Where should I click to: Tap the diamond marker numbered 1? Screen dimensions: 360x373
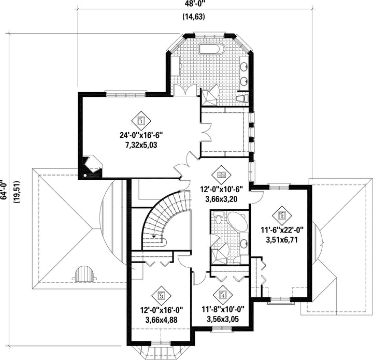coord(140,121)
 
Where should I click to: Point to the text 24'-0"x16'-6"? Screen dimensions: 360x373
coord(141,136)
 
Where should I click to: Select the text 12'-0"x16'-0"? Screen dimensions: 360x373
coord(161,310)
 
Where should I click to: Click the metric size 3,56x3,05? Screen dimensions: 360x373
coord(223,319)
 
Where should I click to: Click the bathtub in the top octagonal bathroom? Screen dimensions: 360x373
coord(211,50)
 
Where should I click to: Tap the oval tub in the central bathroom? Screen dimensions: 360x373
coord(238,221)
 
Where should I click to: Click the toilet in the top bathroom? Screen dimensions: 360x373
coord(241,97)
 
